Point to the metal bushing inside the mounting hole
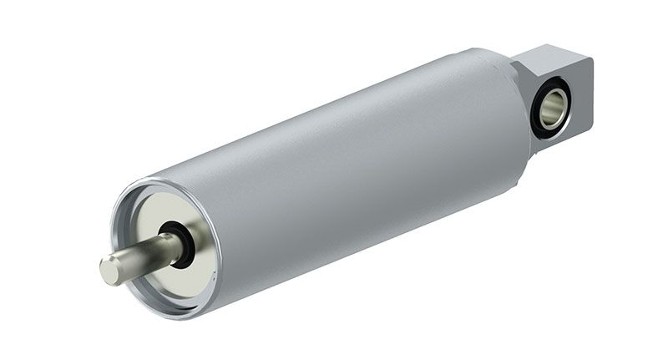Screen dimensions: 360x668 point(558,102)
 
